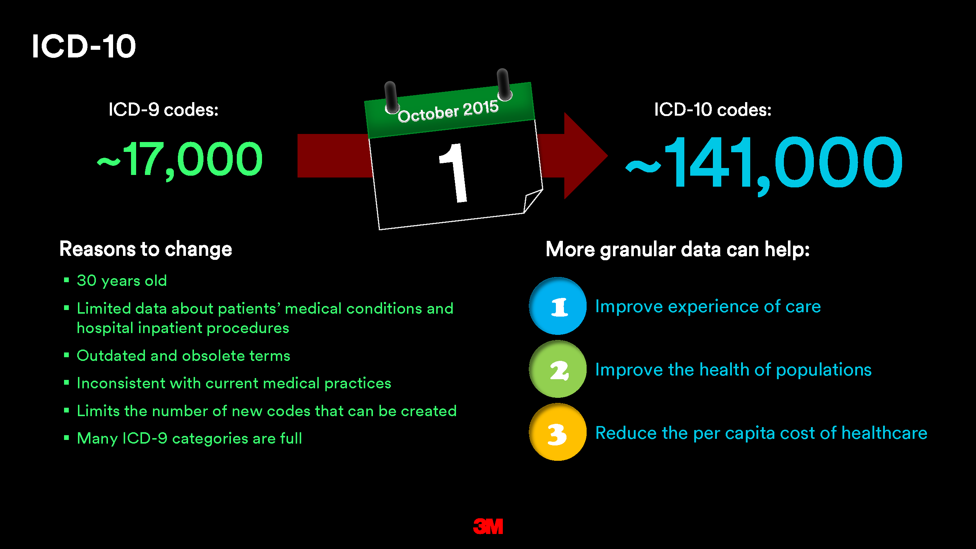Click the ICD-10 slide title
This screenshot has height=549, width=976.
pos(84,46)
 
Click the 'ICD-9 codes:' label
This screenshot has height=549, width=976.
pos(164,110)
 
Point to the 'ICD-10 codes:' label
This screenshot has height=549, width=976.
pos(713,110)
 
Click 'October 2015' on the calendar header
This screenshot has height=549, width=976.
pos(448,111)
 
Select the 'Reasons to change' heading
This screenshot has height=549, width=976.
pos(146,249)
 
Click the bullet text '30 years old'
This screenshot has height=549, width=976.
pos(121,281)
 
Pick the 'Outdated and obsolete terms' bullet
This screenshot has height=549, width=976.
pos(183,356)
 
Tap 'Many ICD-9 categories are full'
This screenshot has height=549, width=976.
pos(190,438)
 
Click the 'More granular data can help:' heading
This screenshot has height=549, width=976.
pos(677,249)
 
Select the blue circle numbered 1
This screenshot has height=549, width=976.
pos(558,306)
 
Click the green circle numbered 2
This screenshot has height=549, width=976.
pos(558,369)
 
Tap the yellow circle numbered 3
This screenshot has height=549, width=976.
pos(558,432)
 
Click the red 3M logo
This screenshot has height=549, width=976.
pos(488,526)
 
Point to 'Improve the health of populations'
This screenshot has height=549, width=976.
pos(733,370)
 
